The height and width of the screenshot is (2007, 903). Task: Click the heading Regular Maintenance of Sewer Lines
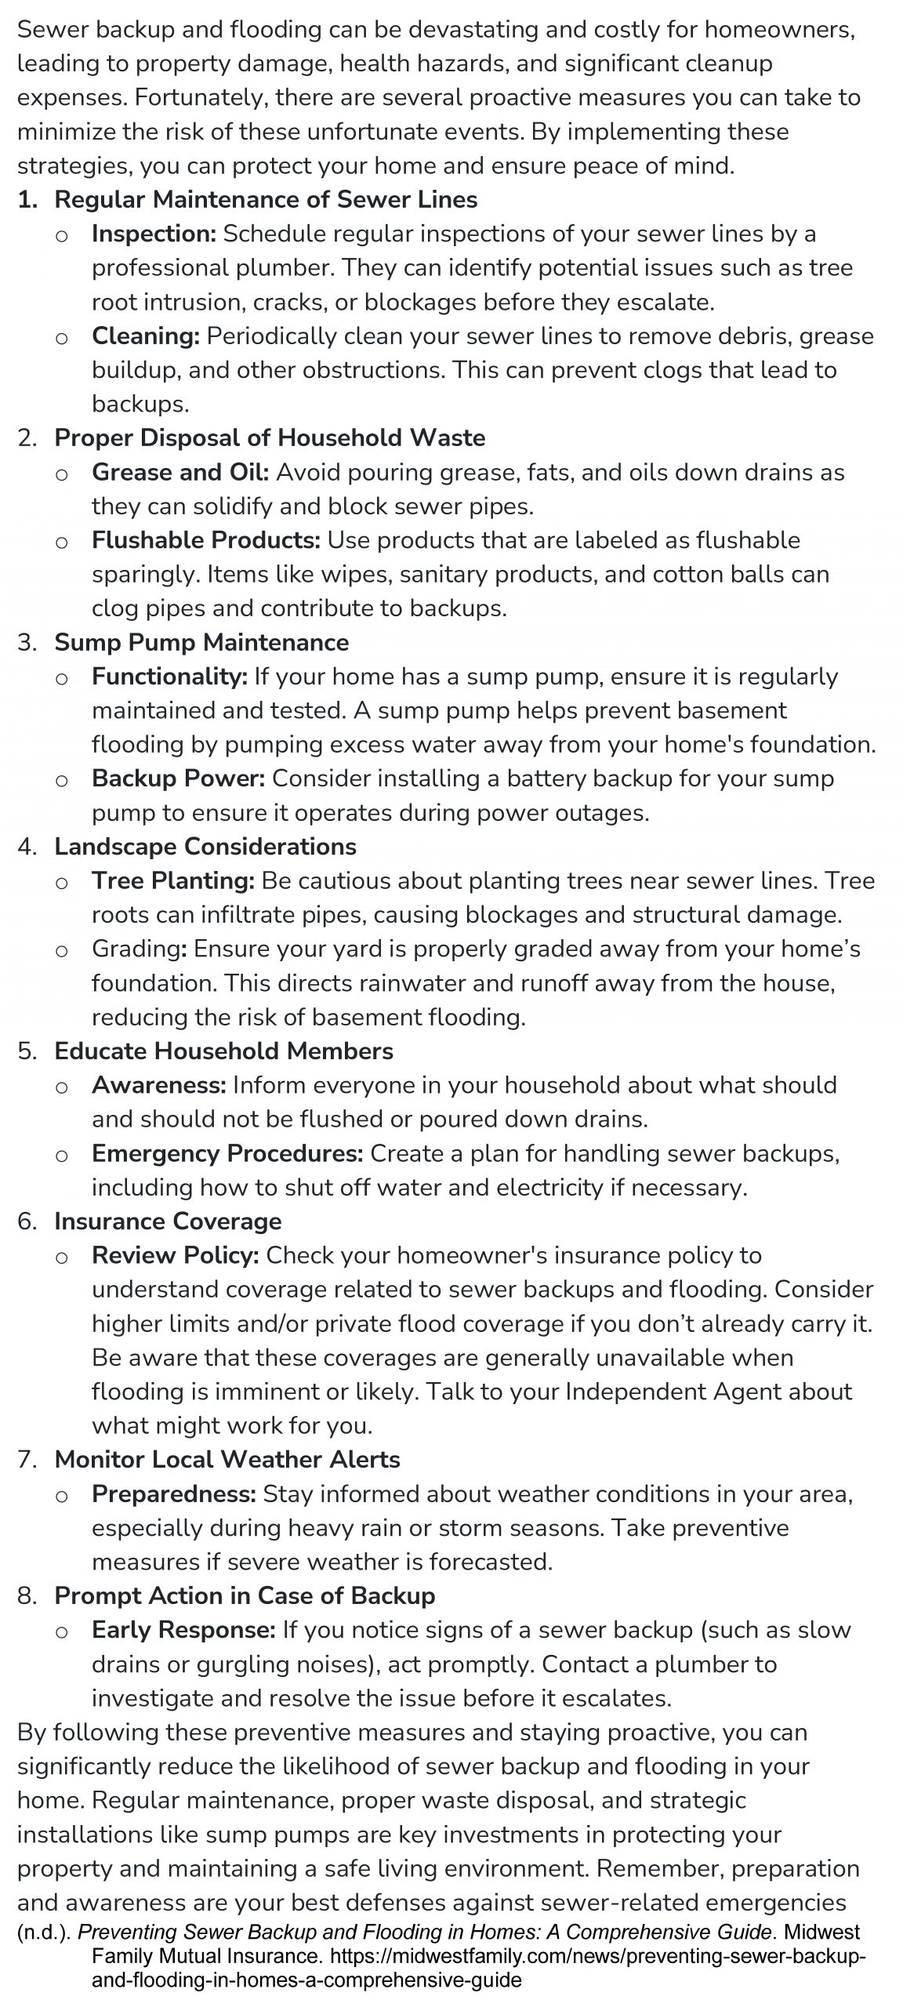point(266,200)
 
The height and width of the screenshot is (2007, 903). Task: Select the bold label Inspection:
point(154,234)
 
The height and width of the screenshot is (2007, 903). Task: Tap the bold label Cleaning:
point(146,336)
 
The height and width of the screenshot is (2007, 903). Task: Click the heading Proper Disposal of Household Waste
point(270,437)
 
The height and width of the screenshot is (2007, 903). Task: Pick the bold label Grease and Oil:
point(180,473)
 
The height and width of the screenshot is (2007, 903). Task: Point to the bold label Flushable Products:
point(206,540)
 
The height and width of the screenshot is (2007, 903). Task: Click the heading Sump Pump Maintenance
point(201,642)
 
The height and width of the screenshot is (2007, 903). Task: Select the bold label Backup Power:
point(179,778)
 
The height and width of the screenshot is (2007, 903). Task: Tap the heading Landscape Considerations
point(205,847)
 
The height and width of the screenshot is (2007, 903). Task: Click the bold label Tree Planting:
point(173,881)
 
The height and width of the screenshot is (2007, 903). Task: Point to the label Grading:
point(139,949)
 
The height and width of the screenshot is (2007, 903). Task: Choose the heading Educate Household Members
point(223,1051)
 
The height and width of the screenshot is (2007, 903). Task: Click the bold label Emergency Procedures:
point(227,1154)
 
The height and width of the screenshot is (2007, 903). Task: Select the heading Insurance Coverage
point(168,1221)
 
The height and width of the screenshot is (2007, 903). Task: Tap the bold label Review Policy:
point(176,1256)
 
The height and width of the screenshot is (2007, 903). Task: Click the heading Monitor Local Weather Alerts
point(227,1460)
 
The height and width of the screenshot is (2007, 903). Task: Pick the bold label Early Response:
point(183,1630)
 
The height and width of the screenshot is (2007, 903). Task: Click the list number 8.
point(27,1596)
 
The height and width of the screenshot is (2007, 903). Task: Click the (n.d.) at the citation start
point(44,1933)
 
